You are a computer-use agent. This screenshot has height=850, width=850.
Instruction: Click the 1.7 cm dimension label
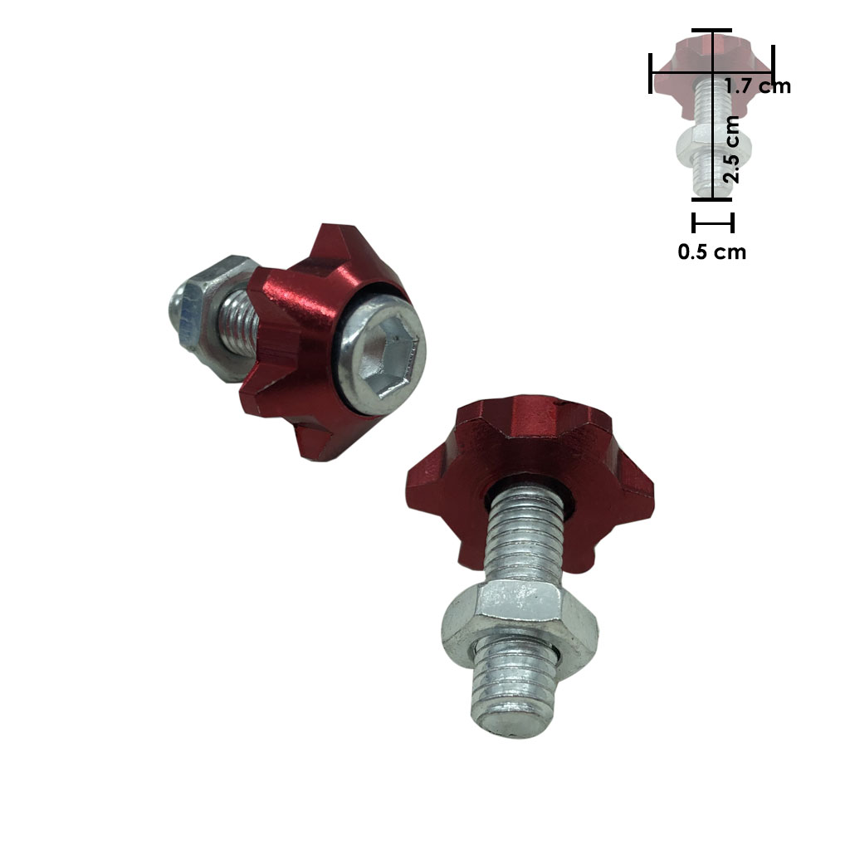tap(758, 86)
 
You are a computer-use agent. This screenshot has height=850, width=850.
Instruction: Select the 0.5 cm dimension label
tap(711, 252)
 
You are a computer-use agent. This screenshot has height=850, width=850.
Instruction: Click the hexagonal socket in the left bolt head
tap(389, 359)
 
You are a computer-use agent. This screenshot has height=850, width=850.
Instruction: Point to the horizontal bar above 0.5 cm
tap(713, 222)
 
